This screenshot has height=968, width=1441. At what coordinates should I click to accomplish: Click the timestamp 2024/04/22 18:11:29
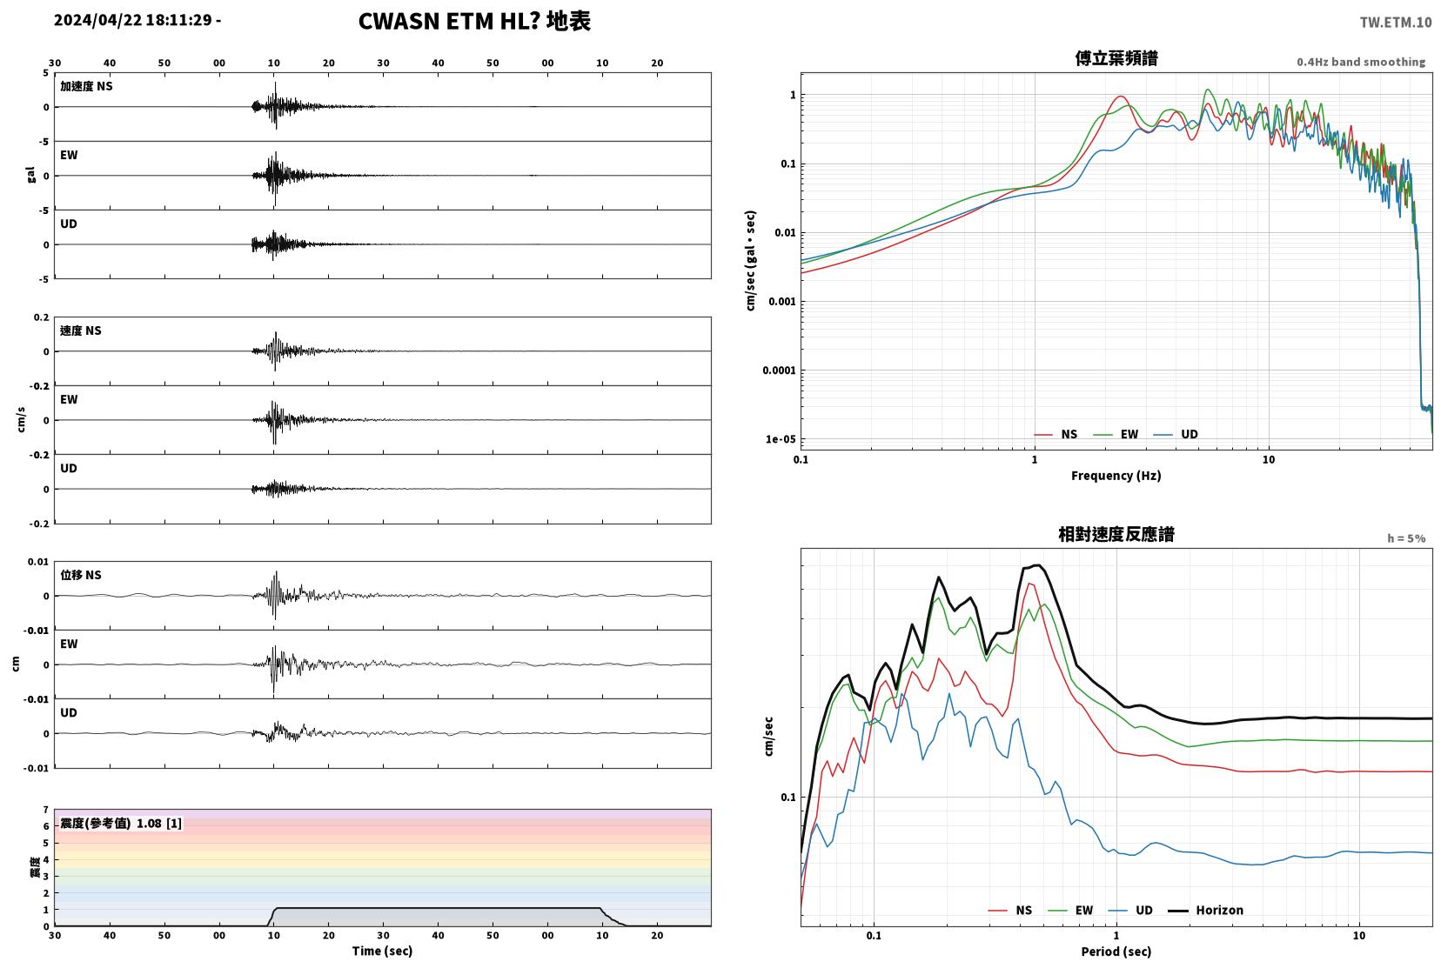(132, 20)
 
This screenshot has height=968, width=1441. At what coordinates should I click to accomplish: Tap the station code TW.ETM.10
(1396, 23)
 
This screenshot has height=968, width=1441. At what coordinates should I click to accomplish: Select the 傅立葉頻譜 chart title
(1116, 58)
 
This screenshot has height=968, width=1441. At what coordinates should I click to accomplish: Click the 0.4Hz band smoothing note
(1361, 63)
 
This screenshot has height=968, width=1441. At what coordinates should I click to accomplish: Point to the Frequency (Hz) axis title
(1116, 476)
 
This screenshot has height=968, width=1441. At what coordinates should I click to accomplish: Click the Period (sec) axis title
(1116, 951)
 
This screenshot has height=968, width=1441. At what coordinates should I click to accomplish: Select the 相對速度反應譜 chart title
(1116, 534)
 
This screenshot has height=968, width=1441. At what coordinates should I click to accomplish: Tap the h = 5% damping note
(1406, 538)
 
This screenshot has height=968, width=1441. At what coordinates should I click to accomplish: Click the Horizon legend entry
(1205, 910)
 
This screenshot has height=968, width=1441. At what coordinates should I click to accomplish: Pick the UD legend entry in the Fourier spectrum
(1176, 435)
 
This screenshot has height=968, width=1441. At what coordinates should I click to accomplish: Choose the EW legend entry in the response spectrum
(1070, 910)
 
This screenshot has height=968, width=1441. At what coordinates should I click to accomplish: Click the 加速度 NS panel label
(86, 86)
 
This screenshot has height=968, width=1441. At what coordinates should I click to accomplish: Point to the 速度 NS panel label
(80, 330)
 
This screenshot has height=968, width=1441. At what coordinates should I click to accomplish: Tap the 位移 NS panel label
(80, 575)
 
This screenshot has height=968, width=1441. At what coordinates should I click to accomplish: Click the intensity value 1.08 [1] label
(159, 824)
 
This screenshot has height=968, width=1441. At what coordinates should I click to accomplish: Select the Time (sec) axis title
(382, 951)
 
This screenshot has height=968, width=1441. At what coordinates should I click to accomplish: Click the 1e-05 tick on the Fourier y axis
(781, 440)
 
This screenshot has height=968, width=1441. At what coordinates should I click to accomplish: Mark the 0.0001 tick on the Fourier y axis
(779, 371)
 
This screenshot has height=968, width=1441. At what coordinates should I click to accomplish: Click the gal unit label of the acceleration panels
(30, 175)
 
